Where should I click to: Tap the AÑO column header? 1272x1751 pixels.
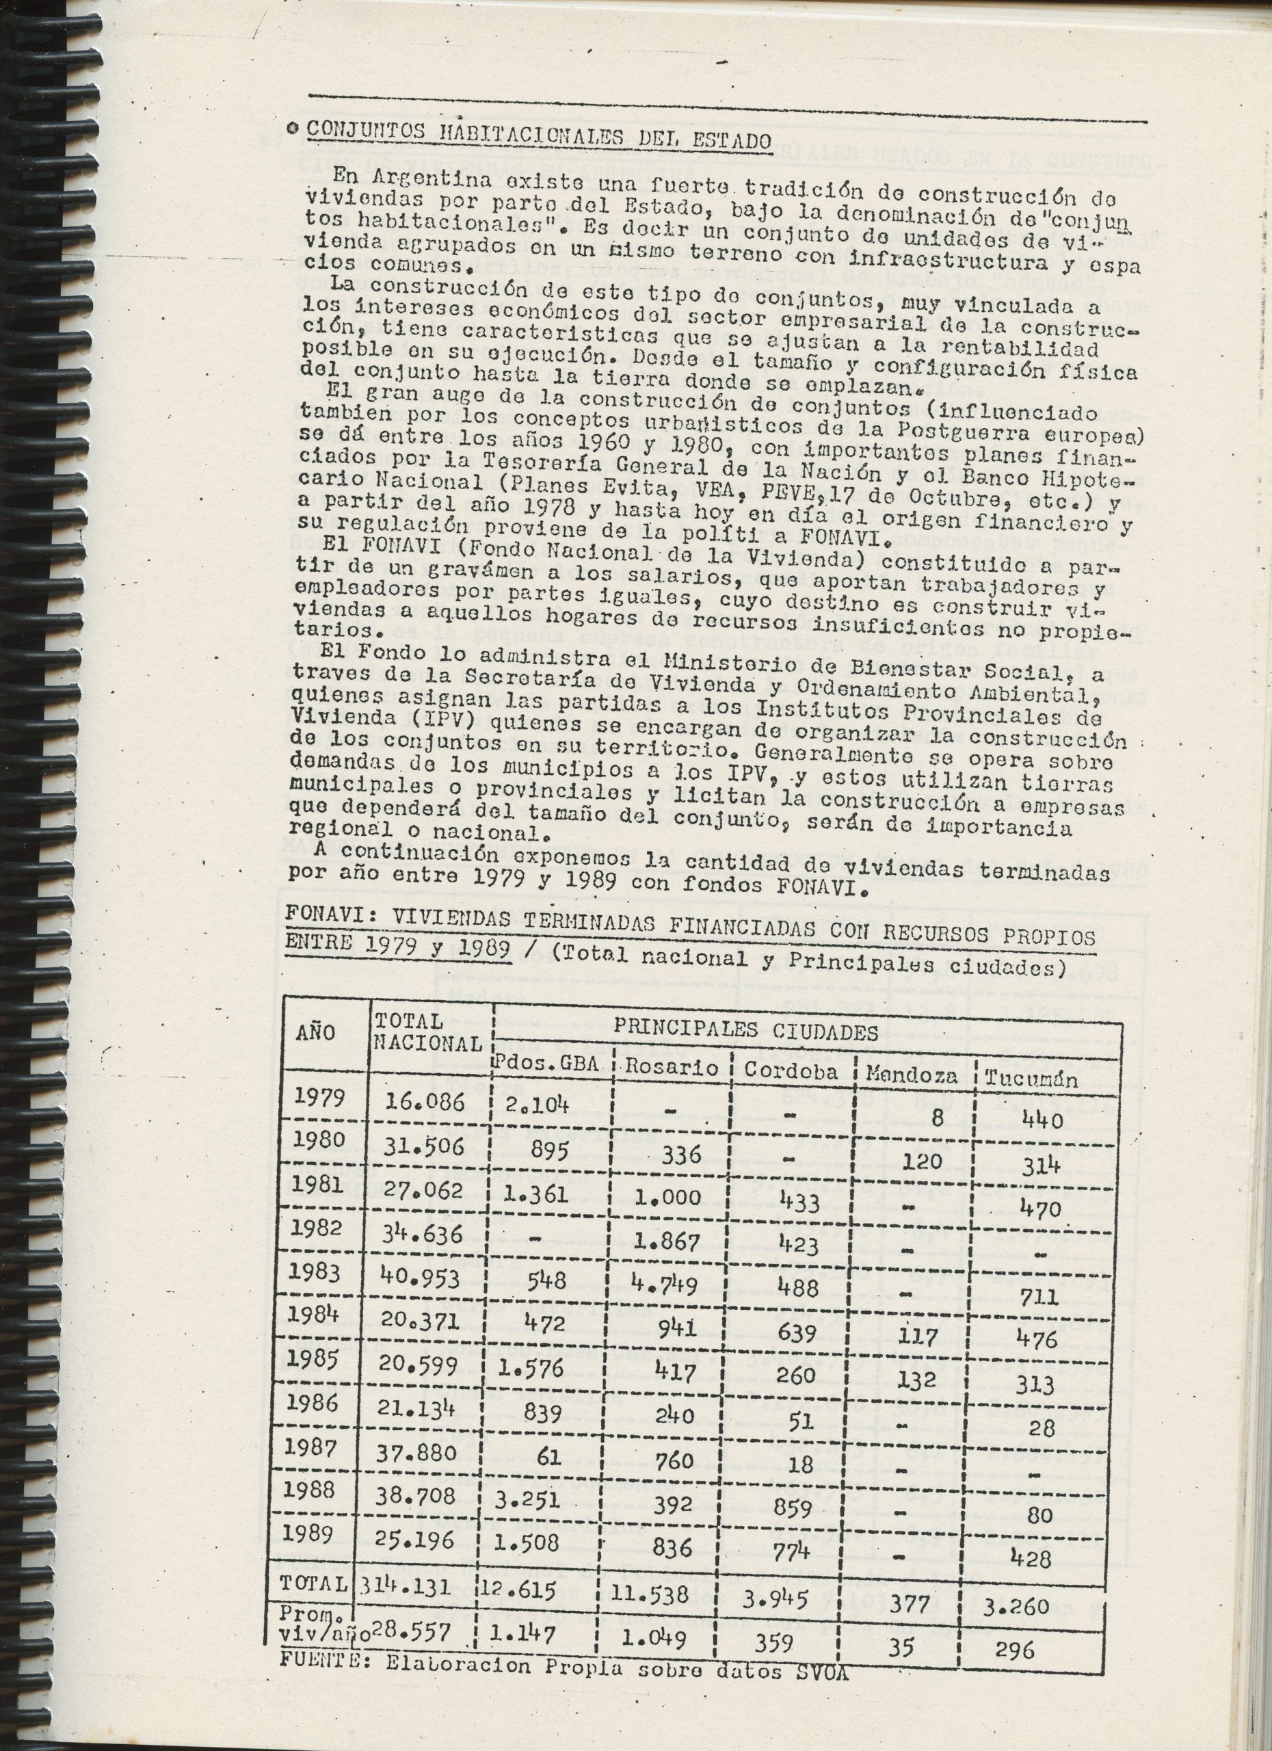point(316,1033)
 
